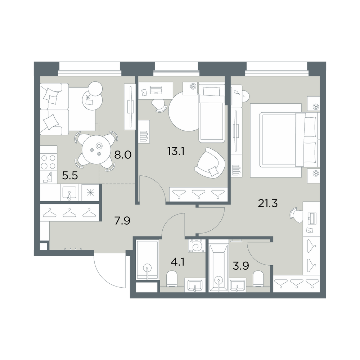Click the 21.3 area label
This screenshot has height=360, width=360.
(268, 203)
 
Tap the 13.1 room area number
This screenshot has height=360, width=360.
(176, 152)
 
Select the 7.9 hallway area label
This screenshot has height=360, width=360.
(122, 221)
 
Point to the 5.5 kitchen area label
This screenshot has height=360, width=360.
(70, 176)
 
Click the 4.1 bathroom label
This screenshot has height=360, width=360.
(178, 262)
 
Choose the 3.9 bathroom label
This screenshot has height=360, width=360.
(241, 266)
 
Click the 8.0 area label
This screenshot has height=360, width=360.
(123, 155)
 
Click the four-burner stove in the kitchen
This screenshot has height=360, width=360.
(49, 162)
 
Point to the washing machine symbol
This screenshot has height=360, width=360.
(197, 246)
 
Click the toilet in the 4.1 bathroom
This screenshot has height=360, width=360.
(172, 279)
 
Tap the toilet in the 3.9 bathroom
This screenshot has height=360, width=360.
(258, 279)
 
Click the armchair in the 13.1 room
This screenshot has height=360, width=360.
(210, 163)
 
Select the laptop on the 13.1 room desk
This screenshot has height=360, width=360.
(156, 90)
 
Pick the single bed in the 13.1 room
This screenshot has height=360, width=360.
(211, 112)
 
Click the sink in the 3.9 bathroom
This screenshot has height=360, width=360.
(237, 285)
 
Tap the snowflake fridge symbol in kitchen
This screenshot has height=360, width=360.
(90, 192)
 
